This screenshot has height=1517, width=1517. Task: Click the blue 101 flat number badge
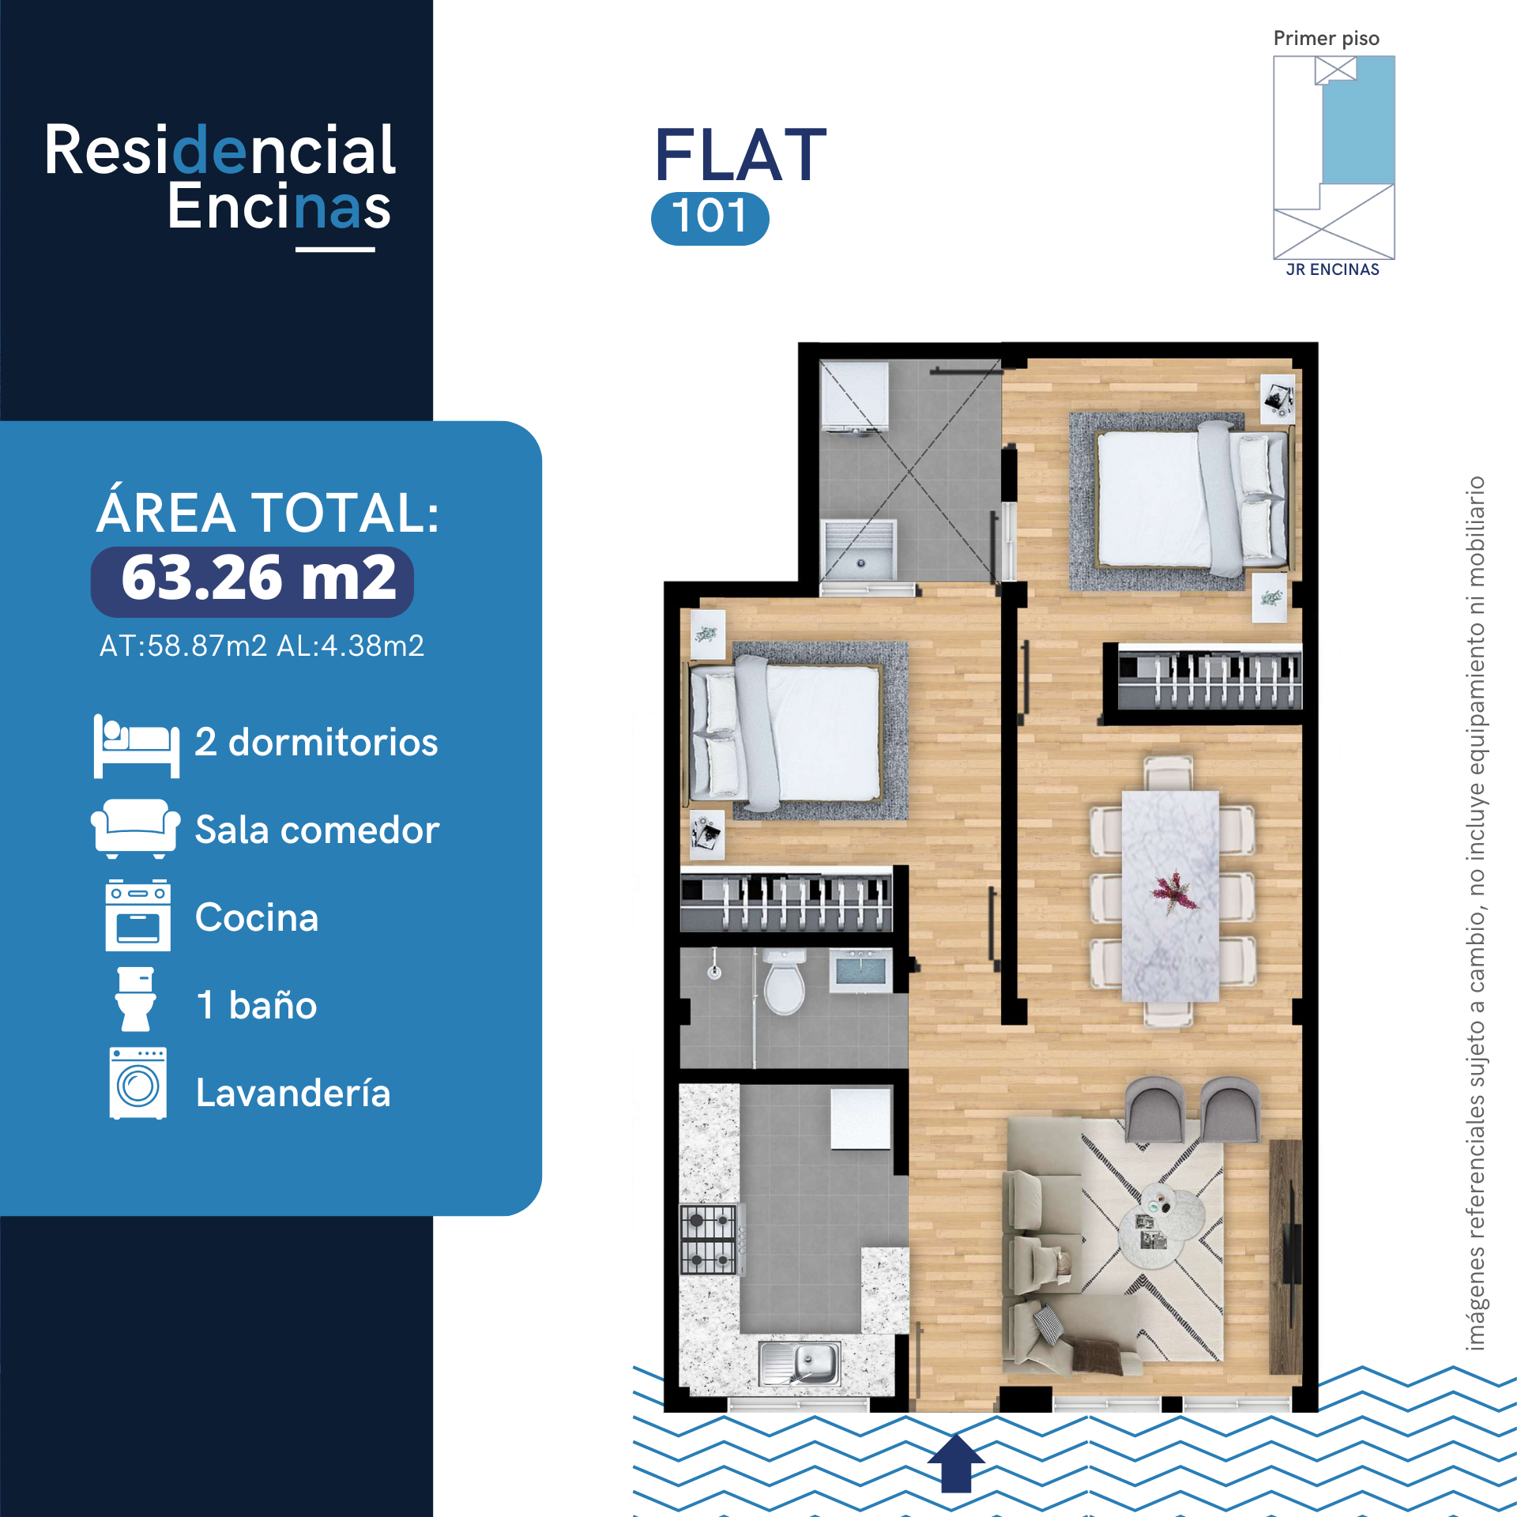[710, 218]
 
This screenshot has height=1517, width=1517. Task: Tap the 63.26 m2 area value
[258, 578]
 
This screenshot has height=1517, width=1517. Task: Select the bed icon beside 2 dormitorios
[136, 746]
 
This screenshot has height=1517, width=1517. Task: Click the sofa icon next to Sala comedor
[135, 828]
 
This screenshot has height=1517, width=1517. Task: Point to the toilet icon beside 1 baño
[136, 999]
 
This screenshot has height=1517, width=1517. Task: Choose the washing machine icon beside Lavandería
[138, 1083]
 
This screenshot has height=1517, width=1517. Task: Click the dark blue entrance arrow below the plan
[955, 1463]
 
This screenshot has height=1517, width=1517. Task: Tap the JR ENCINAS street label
[1332, 269]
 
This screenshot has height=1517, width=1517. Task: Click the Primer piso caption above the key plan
[1326, 39]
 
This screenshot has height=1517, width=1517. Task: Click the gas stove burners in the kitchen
[708, 1239]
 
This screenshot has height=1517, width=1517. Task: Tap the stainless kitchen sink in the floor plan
[799, 1363]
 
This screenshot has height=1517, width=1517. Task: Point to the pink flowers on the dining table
[1173, 892]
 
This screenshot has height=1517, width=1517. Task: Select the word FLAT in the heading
[740, 156]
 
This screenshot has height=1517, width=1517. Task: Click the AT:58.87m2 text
[183, 646]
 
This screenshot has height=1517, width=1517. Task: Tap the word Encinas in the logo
[279, 207]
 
